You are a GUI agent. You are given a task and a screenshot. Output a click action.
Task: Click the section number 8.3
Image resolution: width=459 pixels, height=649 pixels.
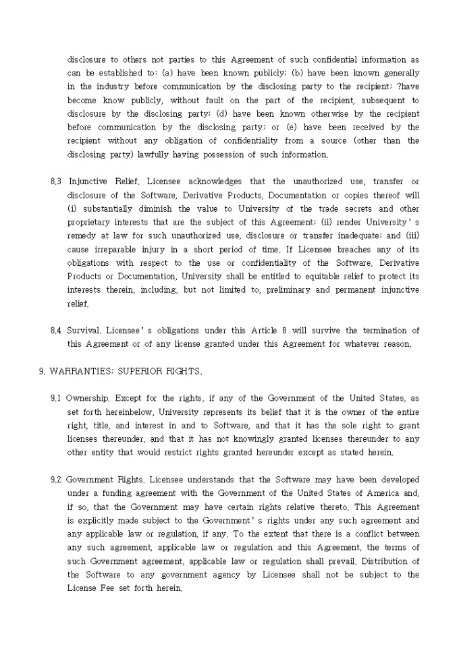(x=56, y=181)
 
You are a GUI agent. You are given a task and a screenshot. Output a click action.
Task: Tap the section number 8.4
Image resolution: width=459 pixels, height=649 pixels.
(x=56, y=331)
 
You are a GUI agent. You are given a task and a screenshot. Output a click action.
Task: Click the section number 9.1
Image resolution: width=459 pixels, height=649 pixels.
(x=56, y=398)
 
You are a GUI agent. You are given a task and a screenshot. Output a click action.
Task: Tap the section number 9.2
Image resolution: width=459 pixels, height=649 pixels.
(x=56, y=480)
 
